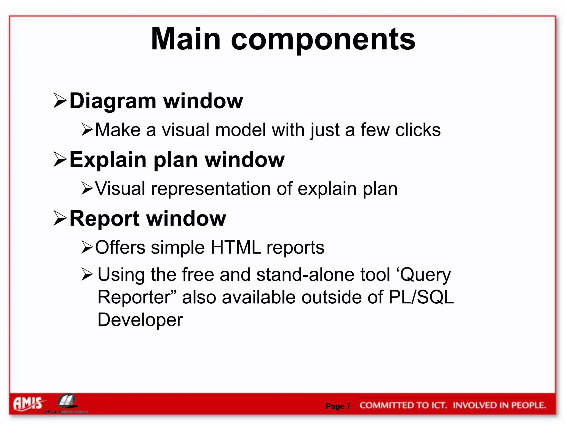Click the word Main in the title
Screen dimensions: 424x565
coord(186,39)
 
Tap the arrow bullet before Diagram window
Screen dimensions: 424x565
coord(60,100)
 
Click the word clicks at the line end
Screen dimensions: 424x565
coord(418,130)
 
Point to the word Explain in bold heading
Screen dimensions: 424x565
coord(108,160)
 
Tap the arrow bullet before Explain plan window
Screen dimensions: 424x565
coord(60,160)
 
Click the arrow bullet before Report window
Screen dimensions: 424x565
coord(60,218)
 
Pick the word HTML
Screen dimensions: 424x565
coord(236,247)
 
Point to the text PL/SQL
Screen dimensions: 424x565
coord(421,297)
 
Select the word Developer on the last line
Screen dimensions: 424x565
coord(140,320)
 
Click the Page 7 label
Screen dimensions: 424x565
coord(338,406)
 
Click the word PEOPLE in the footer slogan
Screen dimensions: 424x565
coord(528,406)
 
